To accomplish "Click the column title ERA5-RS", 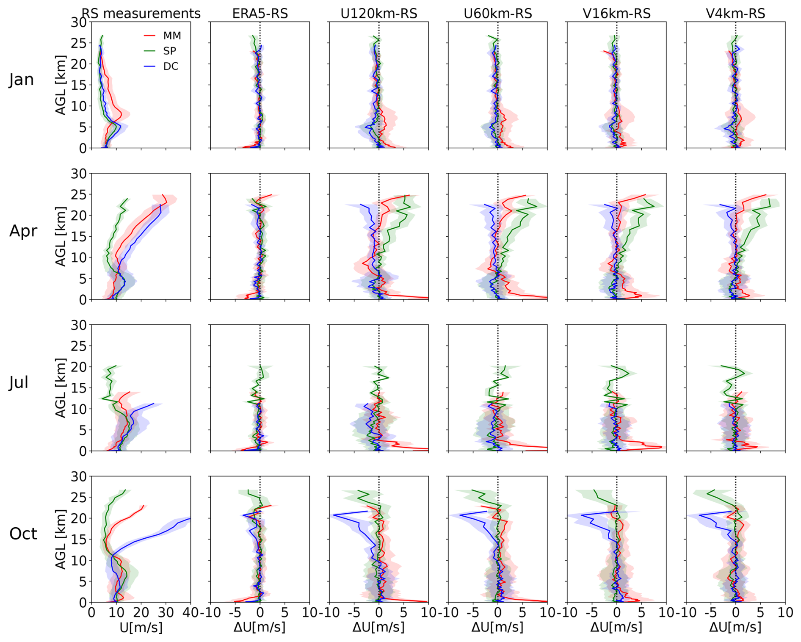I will (x=260, y=14).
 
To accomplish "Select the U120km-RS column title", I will (x=379, y=14).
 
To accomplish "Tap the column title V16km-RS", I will (x=616, y=14).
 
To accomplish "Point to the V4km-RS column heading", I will (x=735, y=14).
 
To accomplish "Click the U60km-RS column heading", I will (x=498, y=14).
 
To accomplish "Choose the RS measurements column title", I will (x=141, y=14).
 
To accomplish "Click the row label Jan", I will (x=21, y=80).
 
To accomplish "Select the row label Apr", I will (x=23, y=231).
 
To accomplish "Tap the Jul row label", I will (x=19, y=382).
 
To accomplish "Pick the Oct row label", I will (x=23, y=534).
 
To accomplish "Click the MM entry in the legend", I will (x=172, y=36).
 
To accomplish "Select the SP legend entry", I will (x=169, y=51).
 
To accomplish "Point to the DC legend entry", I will (x=171, y=66).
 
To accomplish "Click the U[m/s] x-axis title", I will (x=141, y=627).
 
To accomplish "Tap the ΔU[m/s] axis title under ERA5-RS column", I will (x=260, y=627).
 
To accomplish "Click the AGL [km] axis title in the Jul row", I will (x=61, y=387).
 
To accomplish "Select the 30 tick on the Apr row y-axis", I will (x=78, y=174).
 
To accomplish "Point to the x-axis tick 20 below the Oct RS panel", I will (x=141, y=613).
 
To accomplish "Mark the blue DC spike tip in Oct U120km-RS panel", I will (x=334, y=515).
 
